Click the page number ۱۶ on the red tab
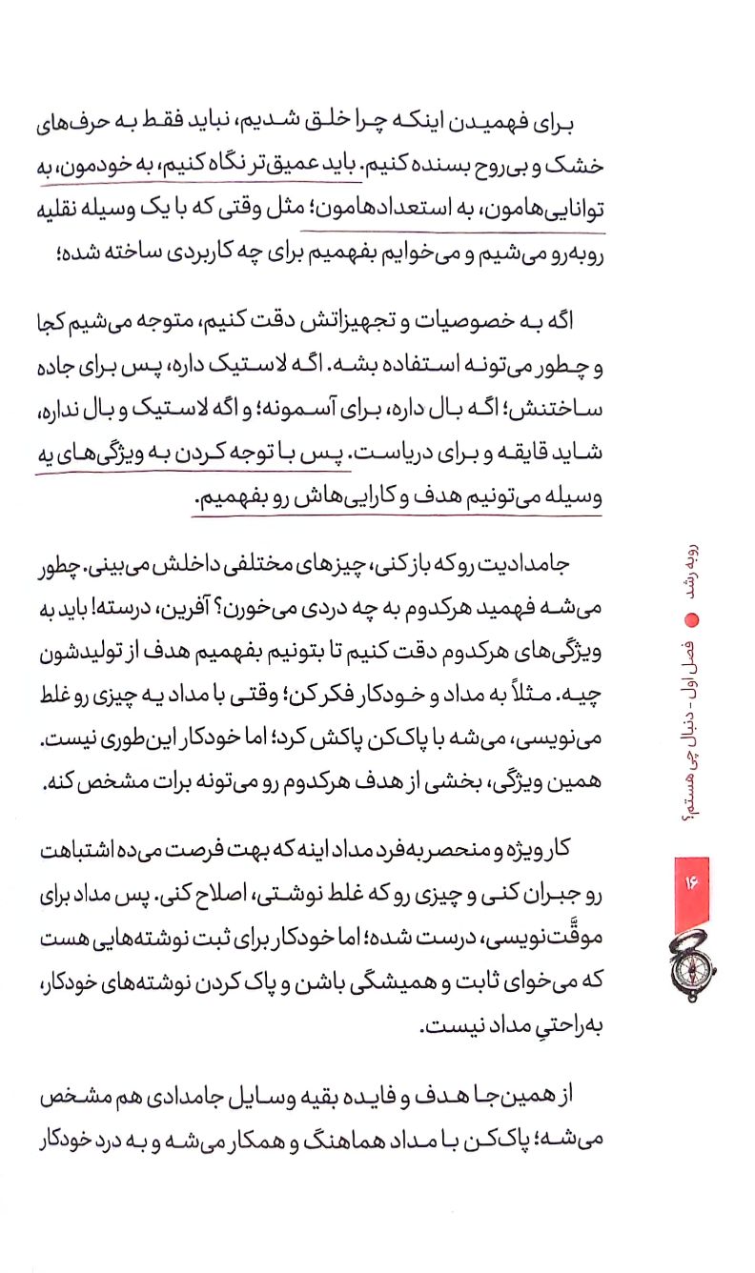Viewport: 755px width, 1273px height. point(692,883)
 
